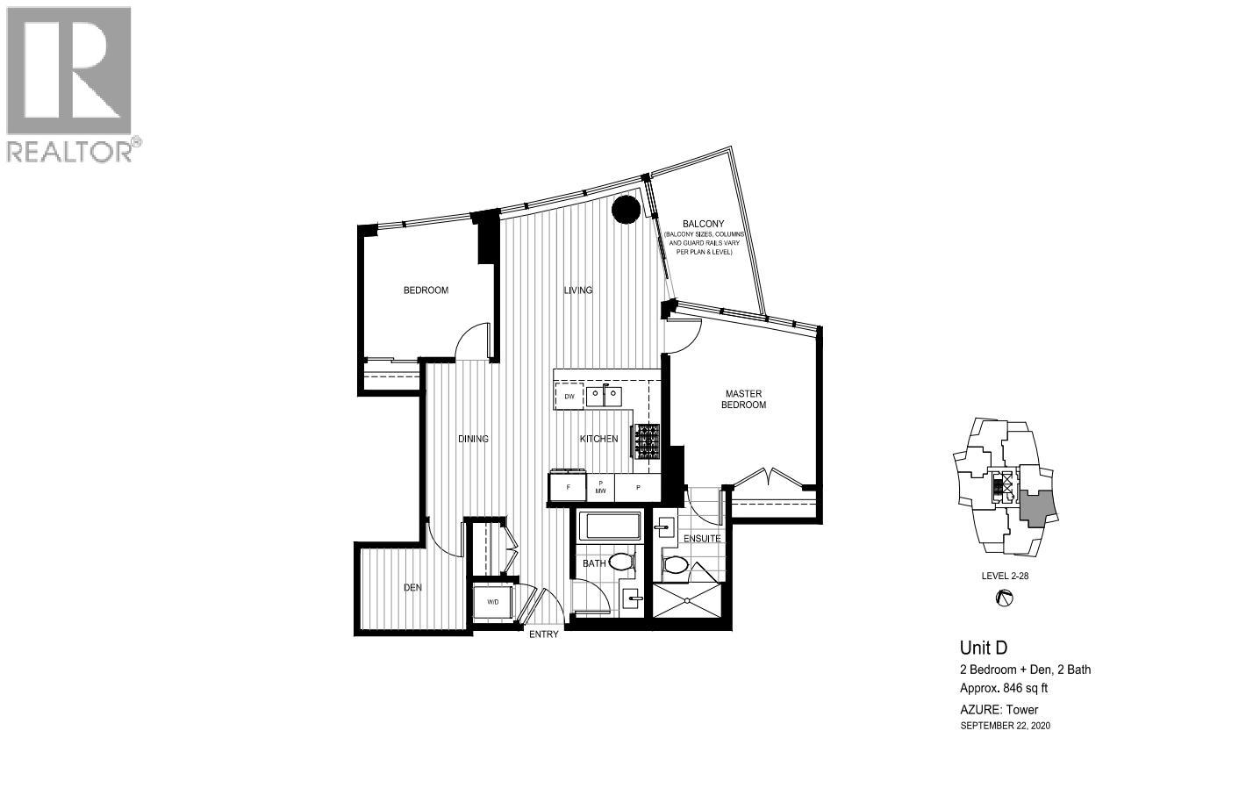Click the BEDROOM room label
(x=426, y=290)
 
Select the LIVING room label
(x=577, y=290)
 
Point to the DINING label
(x=473, y=439)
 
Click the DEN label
(x=412, y=588)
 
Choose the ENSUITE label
(x=702, y=539)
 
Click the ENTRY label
(x=543, y=634)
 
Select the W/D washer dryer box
(x=492, y=602)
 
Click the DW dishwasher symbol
(x=569, y=397)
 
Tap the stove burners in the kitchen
(x=648, y=442)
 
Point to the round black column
(x=626, y=210)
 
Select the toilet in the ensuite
(x=676, y=564)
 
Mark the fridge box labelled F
(x=568, y=487)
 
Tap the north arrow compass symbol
(x=1006, y=599)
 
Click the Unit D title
(x=983, y=648)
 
